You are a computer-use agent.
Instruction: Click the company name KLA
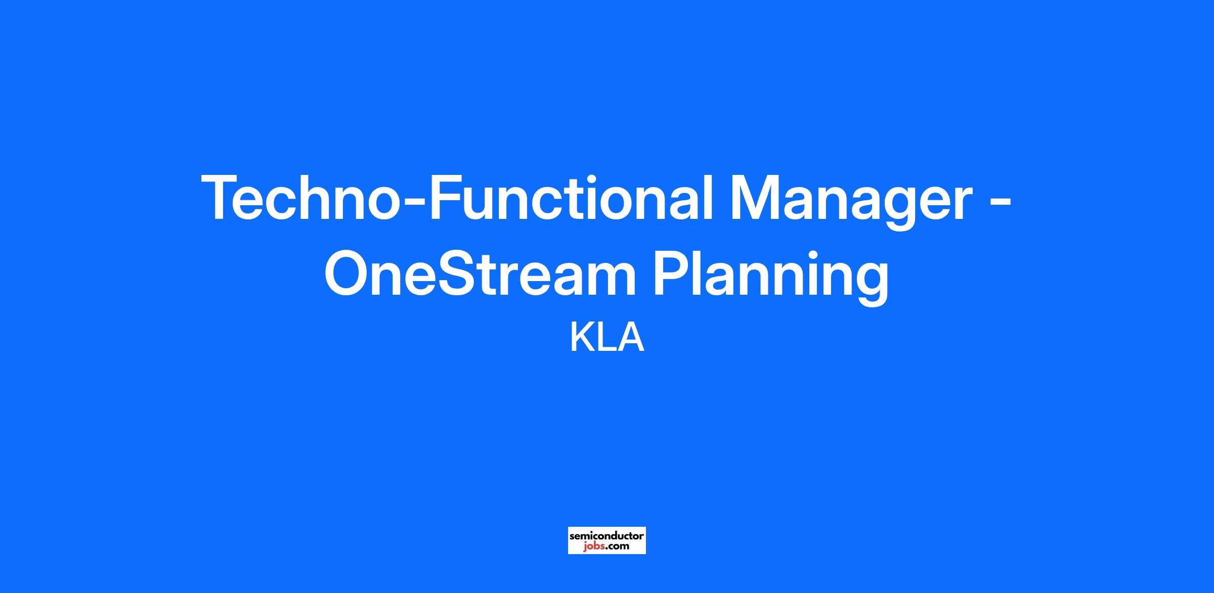coord(607,338)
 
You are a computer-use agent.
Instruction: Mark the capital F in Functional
coord(447,198)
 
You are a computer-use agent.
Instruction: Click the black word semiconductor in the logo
coord(607,535)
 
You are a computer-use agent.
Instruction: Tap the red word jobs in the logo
coord(592,546)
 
